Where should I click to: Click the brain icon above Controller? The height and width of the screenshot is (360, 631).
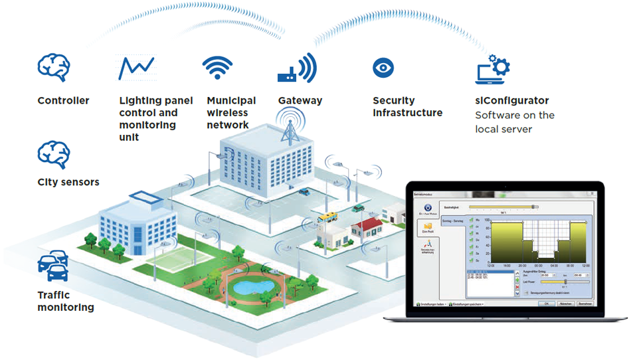[x=54, y=68]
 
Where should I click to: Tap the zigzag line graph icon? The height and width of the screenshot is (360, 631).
[x=136, y=68]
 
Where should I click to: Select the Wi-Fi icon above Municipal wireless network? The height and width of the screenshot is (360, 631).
[x=218, y=68]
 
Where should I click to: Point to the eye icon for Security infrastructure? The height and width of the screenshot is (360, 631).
[x=383, y=67]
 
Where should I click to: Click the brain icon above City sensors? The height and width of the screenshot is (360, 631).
[x=54, y=154]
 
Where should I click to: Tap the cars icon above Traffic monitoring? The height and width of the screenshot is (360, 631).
[x=53, y=266]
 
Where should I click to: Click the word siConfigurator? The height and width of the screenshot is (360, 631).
[x=511, y=101]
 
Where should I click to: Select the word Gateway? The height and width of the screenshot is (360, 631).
[x=300, y=101]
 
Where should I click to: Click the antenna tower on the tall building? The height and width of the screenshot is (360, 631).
[x=288, y=128]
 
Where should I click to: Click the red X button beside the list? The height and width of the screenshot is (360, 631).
[x=517, y=288]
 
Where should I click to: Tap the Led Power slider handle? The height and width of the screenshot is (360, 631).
[x=565, y=282]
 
